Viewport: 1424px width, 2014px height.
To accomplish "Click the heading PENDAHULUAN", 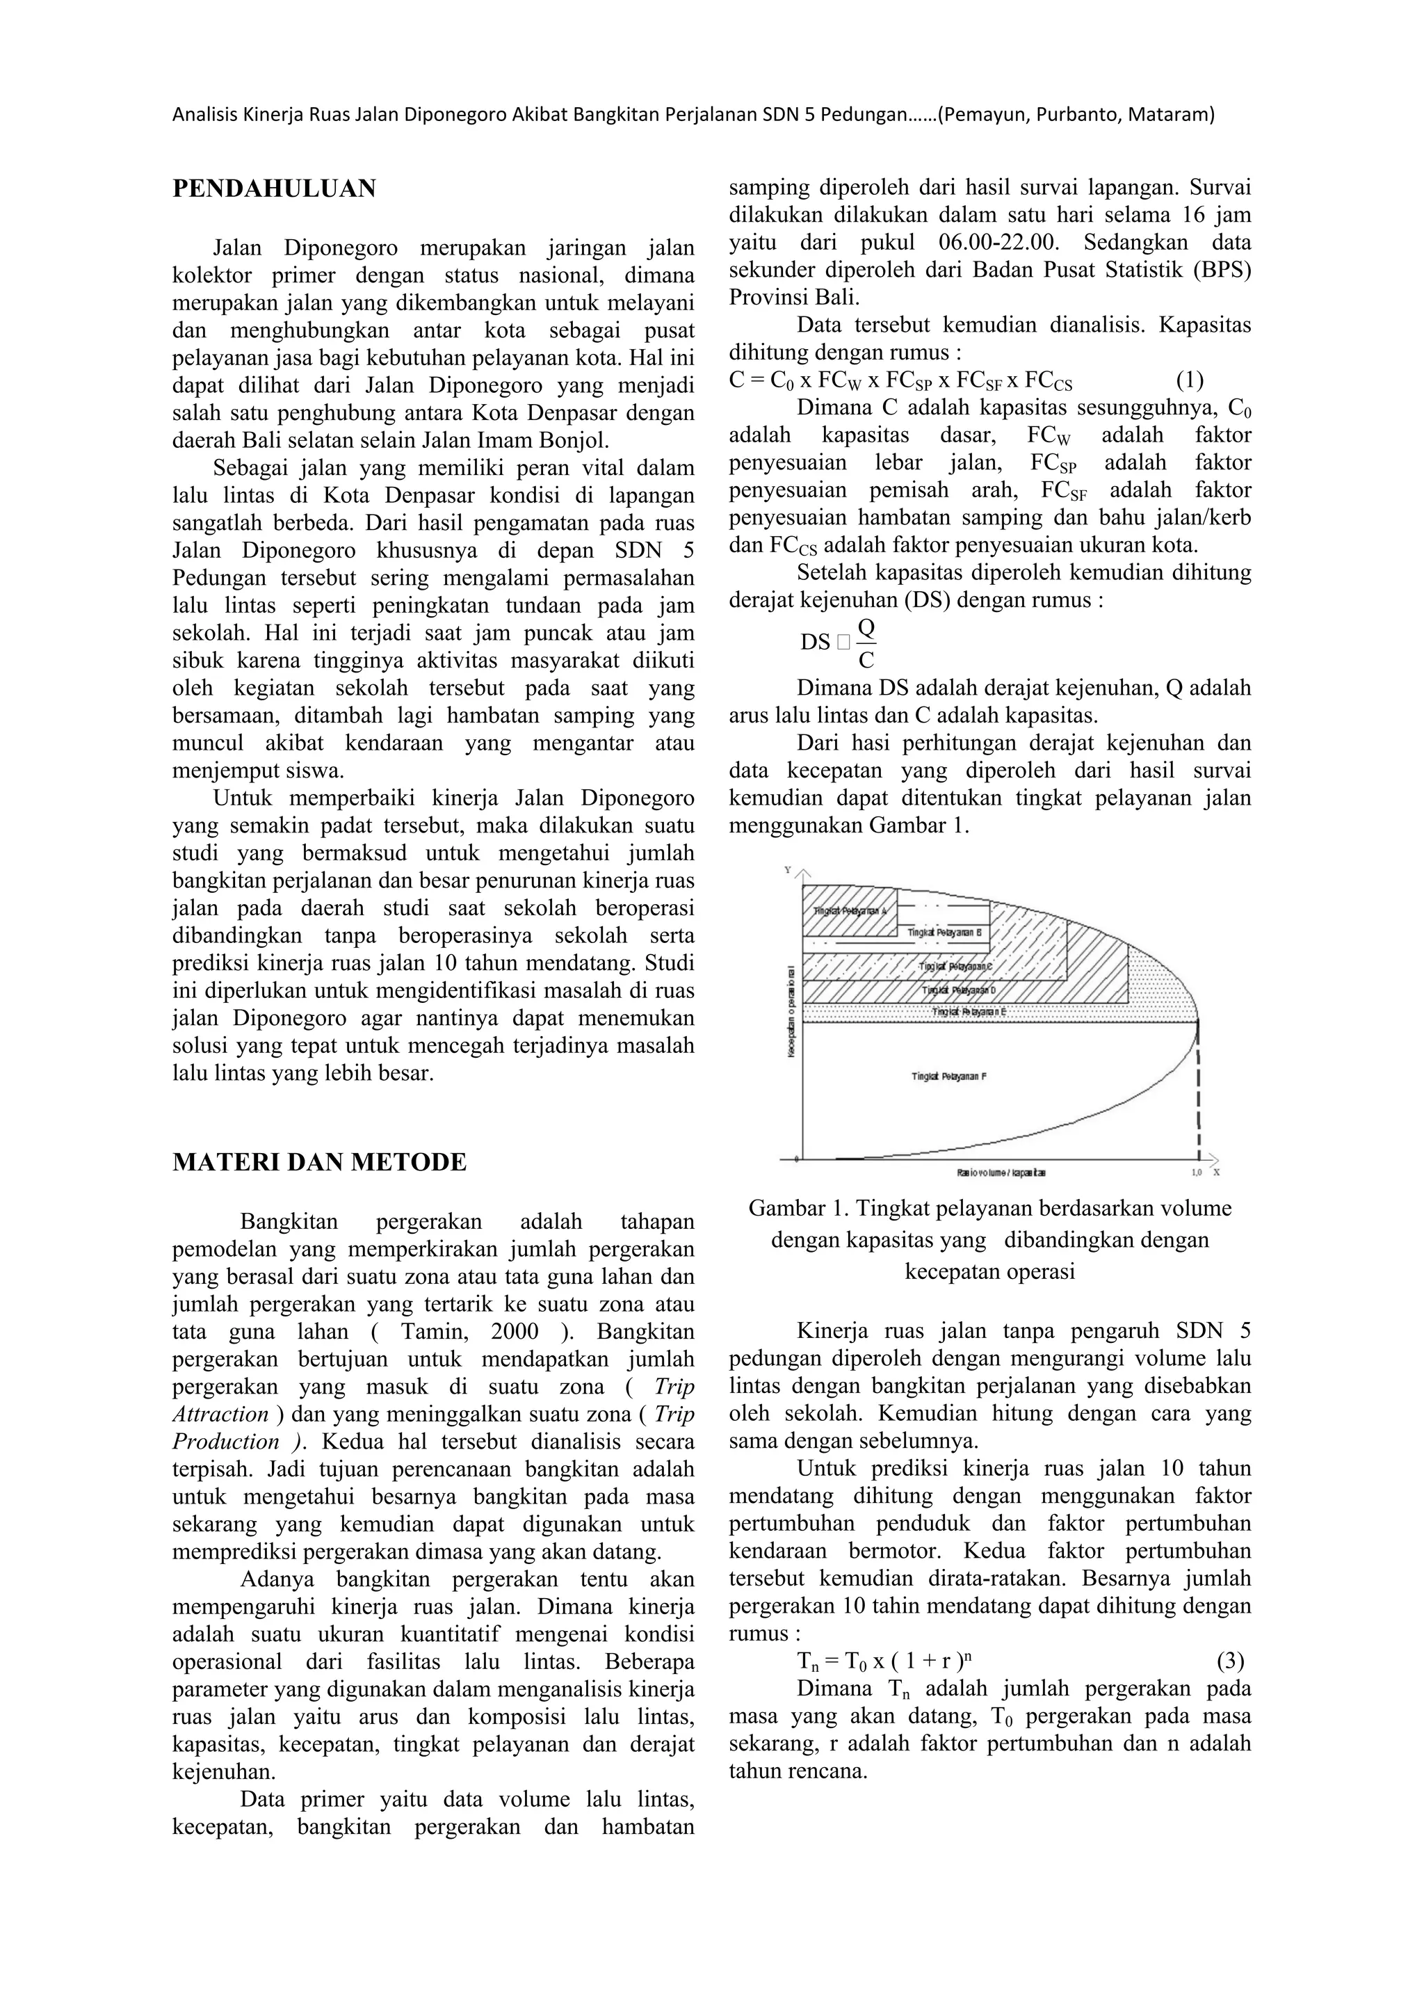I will [x=273, y=188].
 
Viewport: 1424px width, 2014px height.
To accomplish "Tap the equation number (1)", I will [x=1189, y=380].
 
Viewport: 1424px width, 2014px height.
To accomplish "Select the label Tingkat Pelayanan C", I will [x=955, y=966].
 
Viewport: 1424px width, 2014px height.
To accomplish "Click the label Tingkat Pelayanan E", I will [x=968, y=1011].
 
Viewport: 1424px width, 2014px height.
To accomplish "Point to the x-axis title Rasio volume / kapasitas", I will [x=1001, y=1173].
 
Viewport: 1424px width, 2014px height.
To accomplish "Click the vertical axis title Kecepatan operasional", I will [x=792, y=1010].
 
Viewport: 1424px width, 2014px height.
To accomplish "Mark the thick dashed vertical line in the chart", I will [x=1198, y=1088].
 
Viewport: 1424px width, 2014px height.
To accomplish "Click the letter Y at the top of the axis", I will [x=787, y=870].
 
